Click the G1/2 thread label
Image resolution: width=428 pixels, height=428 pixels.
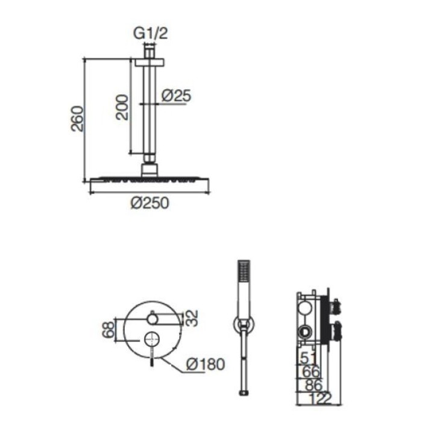pyautogui.click(x=150, y=34)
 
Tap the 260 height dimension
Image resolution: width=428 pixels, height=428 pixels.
pyautogui.click(x=77, y=119)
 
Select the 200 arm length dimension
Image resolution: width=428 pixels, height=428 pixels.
pyautogui.click(x=122, y=107)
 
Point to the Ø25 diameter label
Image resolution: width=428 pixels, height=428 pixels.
pyautogui.click(x=177, y=96)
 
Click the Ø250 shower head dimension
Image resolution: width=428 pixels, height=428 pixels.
pyautogui.click(x=150, y=203)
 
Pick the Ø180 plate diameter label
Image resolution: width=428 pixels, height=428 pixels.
pyautogui.click(x=206, y=364)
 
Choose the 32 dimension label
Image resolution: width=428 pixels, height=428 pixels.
pyautogui.click(x=192, y=318)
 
